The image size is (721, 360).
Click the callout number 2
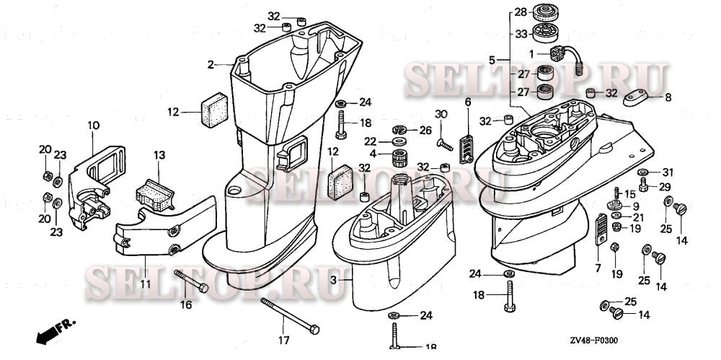pyautogui.click(x=211, y=65)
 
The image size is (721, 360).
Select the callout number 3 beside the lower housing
pyautogui.click(x=333, y=279)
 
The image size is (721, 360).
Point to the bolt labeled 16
pyautogui.click(x=192, y=281)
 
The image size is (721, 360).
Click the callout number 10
pyautogui.click(x=93, y=126)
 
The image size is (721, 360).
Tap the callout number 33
pyautogui.click(x=521, y=32)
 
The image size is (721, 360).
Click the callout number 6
pyautogui.click(x=467, y=103)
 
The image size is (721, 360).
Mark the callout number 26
pyautogui.click(x=425, y=131)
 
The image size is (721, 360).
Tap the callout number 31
pyautogui.click(x=667, y=172)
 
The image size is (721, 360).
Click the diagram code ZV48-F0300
pyautogui.click(x=594, y=340)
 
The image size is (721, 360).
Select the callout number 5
pyautogui.click(x=492, y=60)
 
